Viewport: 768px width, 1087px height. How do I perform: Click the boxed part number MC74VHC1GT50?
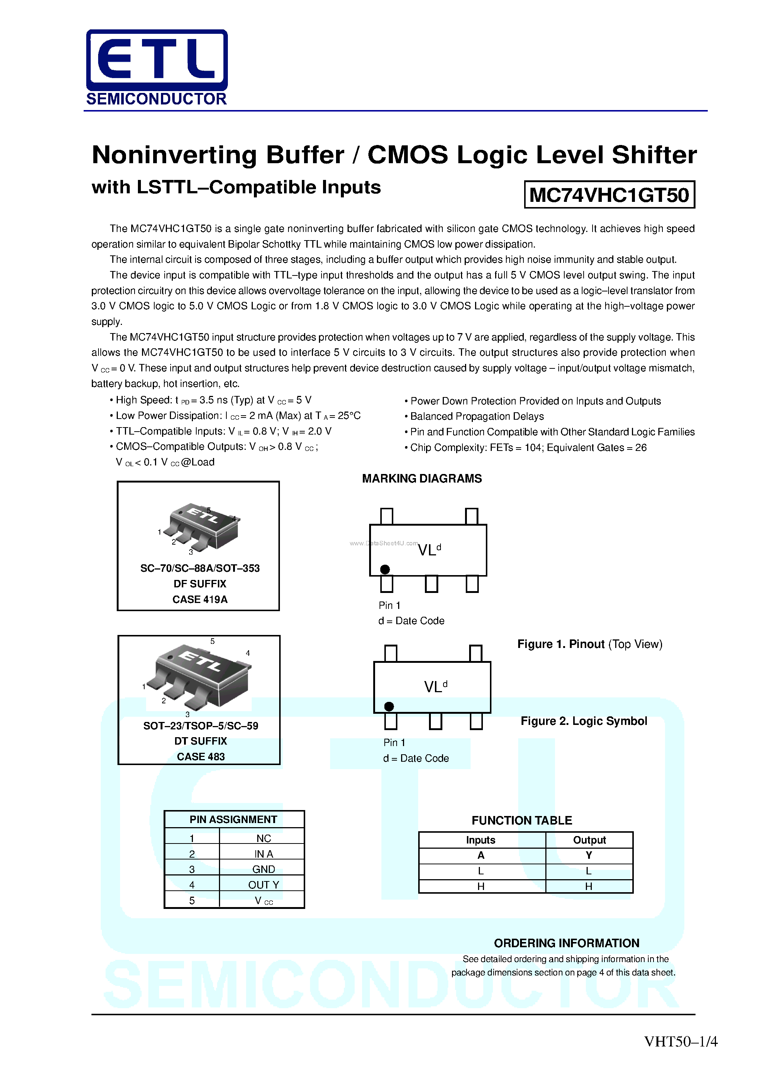(609, 194)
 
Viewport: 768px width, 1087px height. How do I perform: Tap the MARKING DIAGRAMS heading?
(422, 479)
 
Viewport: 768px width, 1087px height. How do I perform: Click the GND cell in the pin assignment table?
(263, 869)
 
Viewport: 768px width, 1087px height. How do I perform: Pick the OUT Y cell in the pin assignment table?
(263, 885)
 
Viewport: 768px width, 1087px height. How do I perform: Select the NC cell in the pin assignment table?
(263, 838)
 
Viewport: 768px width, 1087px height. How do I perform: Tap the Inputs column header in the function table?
(480, 840)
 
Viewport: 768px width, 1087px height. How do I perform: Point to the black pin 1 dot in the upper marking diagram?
(385, 569)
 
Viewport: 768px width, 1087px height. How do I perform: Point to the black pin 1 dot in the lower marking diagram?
(389, 706)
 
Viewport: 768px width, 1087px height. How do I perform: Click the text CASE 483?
(200, 757)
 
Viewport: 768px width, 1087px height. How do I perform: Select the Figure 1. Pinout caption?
(589, 644)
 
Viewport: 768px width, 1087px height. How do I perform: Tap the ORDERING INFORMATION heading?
(566, 943)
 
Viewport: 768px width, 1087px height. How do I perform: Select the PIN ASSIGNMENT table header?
(233, 819)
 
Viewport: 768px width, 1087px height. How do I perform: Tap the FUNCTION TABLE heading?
(521, 820)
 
